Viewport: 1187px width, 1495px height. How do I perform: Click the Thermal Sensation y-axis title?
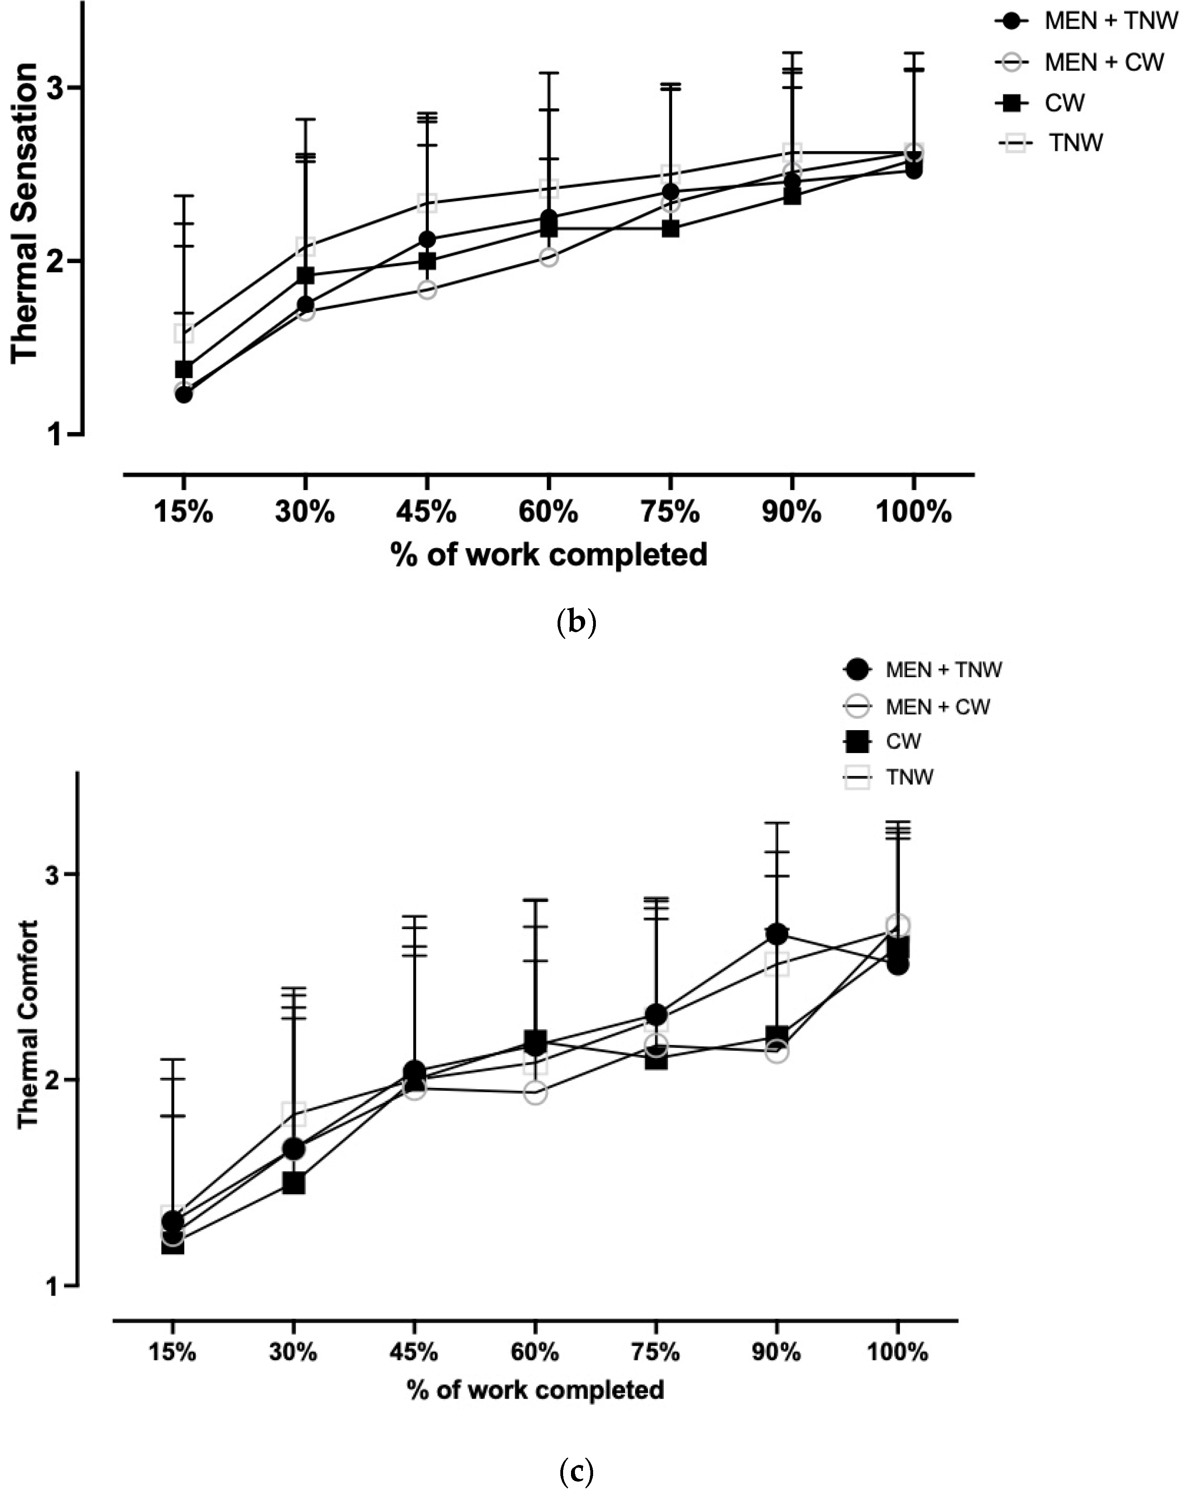point(24,213)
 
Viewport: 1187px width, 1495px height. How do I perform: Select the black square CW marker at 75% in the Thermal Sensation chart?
point(670,228)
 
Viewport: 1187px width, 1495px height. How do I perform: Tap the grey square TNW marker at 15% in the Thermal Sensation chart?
point(183,334)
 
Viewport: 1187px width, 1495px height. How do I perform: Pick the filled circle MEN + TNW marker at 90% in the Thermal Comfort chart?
point(777,934)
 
